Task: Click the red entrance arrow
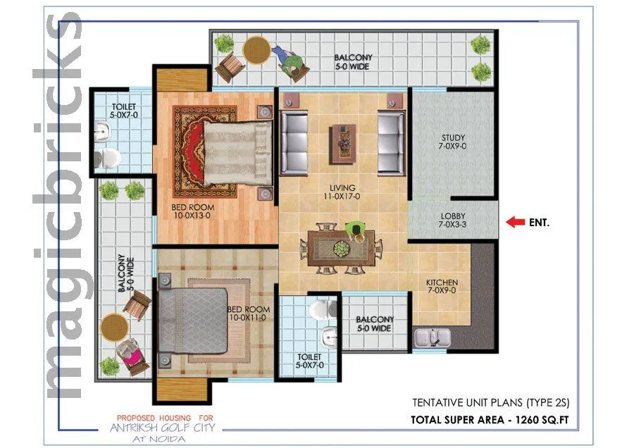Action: pyautogui.click(x=516, y=223)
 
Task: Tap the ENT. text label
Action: pyautogui.click(x=539, y=223)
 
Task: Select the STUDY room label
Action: pyautogui.click(x=454, y=142)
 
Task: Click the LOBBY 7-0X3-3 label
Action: pyautogui.click(x=454, y=220)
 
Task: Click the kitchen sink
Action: pyautogui.click(x=431, y=337)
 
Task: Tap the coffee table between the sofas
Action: pyautogui.click(x=343, y=139)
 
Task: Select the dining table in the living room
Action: pyautogui.click(x=342, y=249)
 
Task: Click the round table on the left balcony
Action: pyautogui.click(x=114, y=328)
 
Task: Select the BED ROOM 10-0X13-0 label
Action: pyautogui.click(x=193, y=212)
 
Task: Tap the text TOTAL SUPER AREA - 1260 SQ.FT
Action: pyautogui.click(x=490, y=421)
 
